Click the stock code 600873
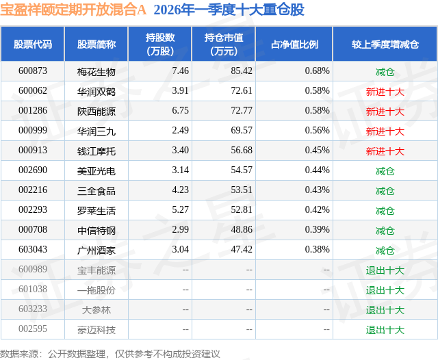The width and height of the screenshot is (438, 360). (33, 70)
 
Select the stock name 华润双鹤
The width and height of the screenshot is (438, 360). (96, 90)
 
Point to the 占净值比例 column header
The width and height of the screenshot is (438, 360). (294, 44)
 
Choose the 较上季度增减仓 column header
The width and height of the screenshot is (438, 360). (385, 44)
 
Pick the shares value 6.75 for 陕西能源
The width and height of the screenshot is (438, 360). (180, 110)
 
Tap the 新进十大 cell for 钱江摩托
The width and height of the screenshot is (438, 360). (385, 151)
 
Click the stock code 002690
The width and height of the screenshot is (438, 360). (33, 170)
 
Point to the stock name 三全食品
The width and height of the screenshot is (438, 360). (96, 190)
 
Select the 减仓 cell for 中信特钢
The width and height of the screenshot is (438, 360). (385, 230)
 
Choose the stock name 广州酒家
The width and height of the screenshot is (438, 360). (96, 250)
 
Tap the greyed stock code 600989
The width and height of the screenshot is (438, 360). (33, 270)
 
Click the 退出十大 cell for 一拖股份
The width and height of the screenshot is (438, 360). (385, 290)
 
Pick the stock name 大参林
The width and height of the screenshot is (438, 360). (96, 309)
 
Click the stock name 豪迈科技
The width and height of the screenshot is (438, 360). (96, 329)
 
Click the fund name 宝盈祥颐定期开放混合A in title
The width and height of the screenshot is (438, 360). (73, 10)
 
